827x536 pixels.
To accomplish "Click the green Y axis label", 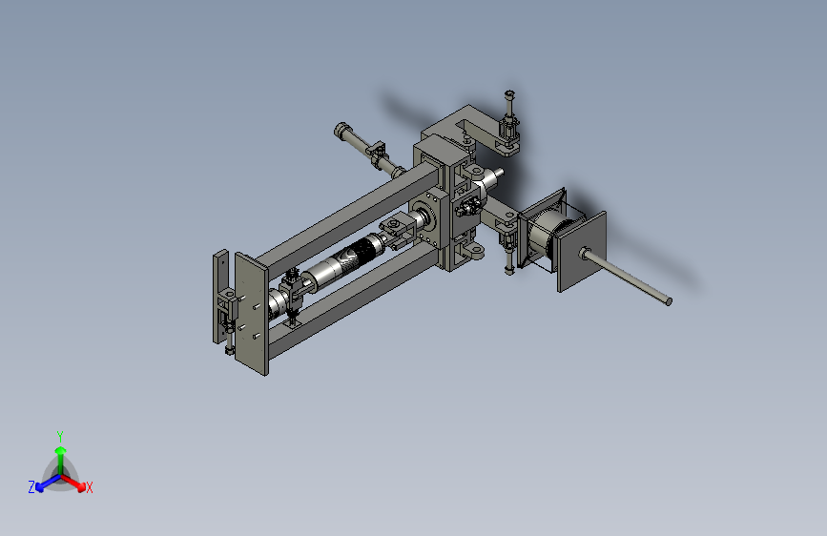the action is coord(60,436).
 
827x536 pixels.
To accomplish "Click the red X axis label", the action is coord(89,488).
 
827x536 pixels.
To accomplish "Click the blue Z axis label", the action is coord(31,487).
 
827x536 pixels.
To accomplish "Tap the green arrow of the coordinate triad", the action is coord(61,460).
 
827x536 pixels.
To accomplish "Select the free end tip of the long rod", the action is coord(669,301).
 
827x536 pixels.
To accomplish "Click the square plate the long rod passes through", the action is coord(582,252).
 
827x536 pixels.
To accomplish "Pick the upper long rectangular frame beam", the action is coord(348,216).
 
